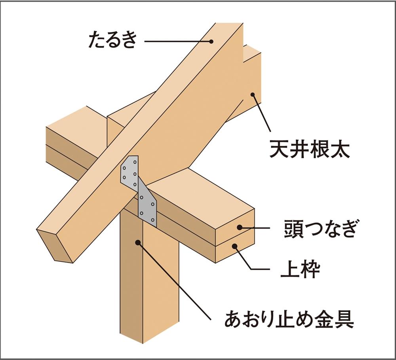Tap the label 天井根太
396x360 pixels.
tap(309, 149)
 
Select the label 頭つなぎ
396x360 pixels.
tap(320, 229)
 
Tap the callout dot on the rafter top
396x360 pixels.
tap(211, 42)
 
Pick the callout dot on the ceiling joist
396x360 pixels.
tap(252, 95)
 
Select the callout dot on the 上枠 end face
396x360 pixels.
tap(234, 246)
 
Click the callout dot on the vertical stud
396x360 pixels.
tap(138, 243)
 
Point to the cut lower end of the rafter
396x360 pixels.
tap(54, 245)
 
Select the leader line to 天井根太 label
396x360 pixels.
tap(261, 113)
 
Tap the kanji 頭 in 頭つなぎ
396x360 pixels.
tap(293, 229)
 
